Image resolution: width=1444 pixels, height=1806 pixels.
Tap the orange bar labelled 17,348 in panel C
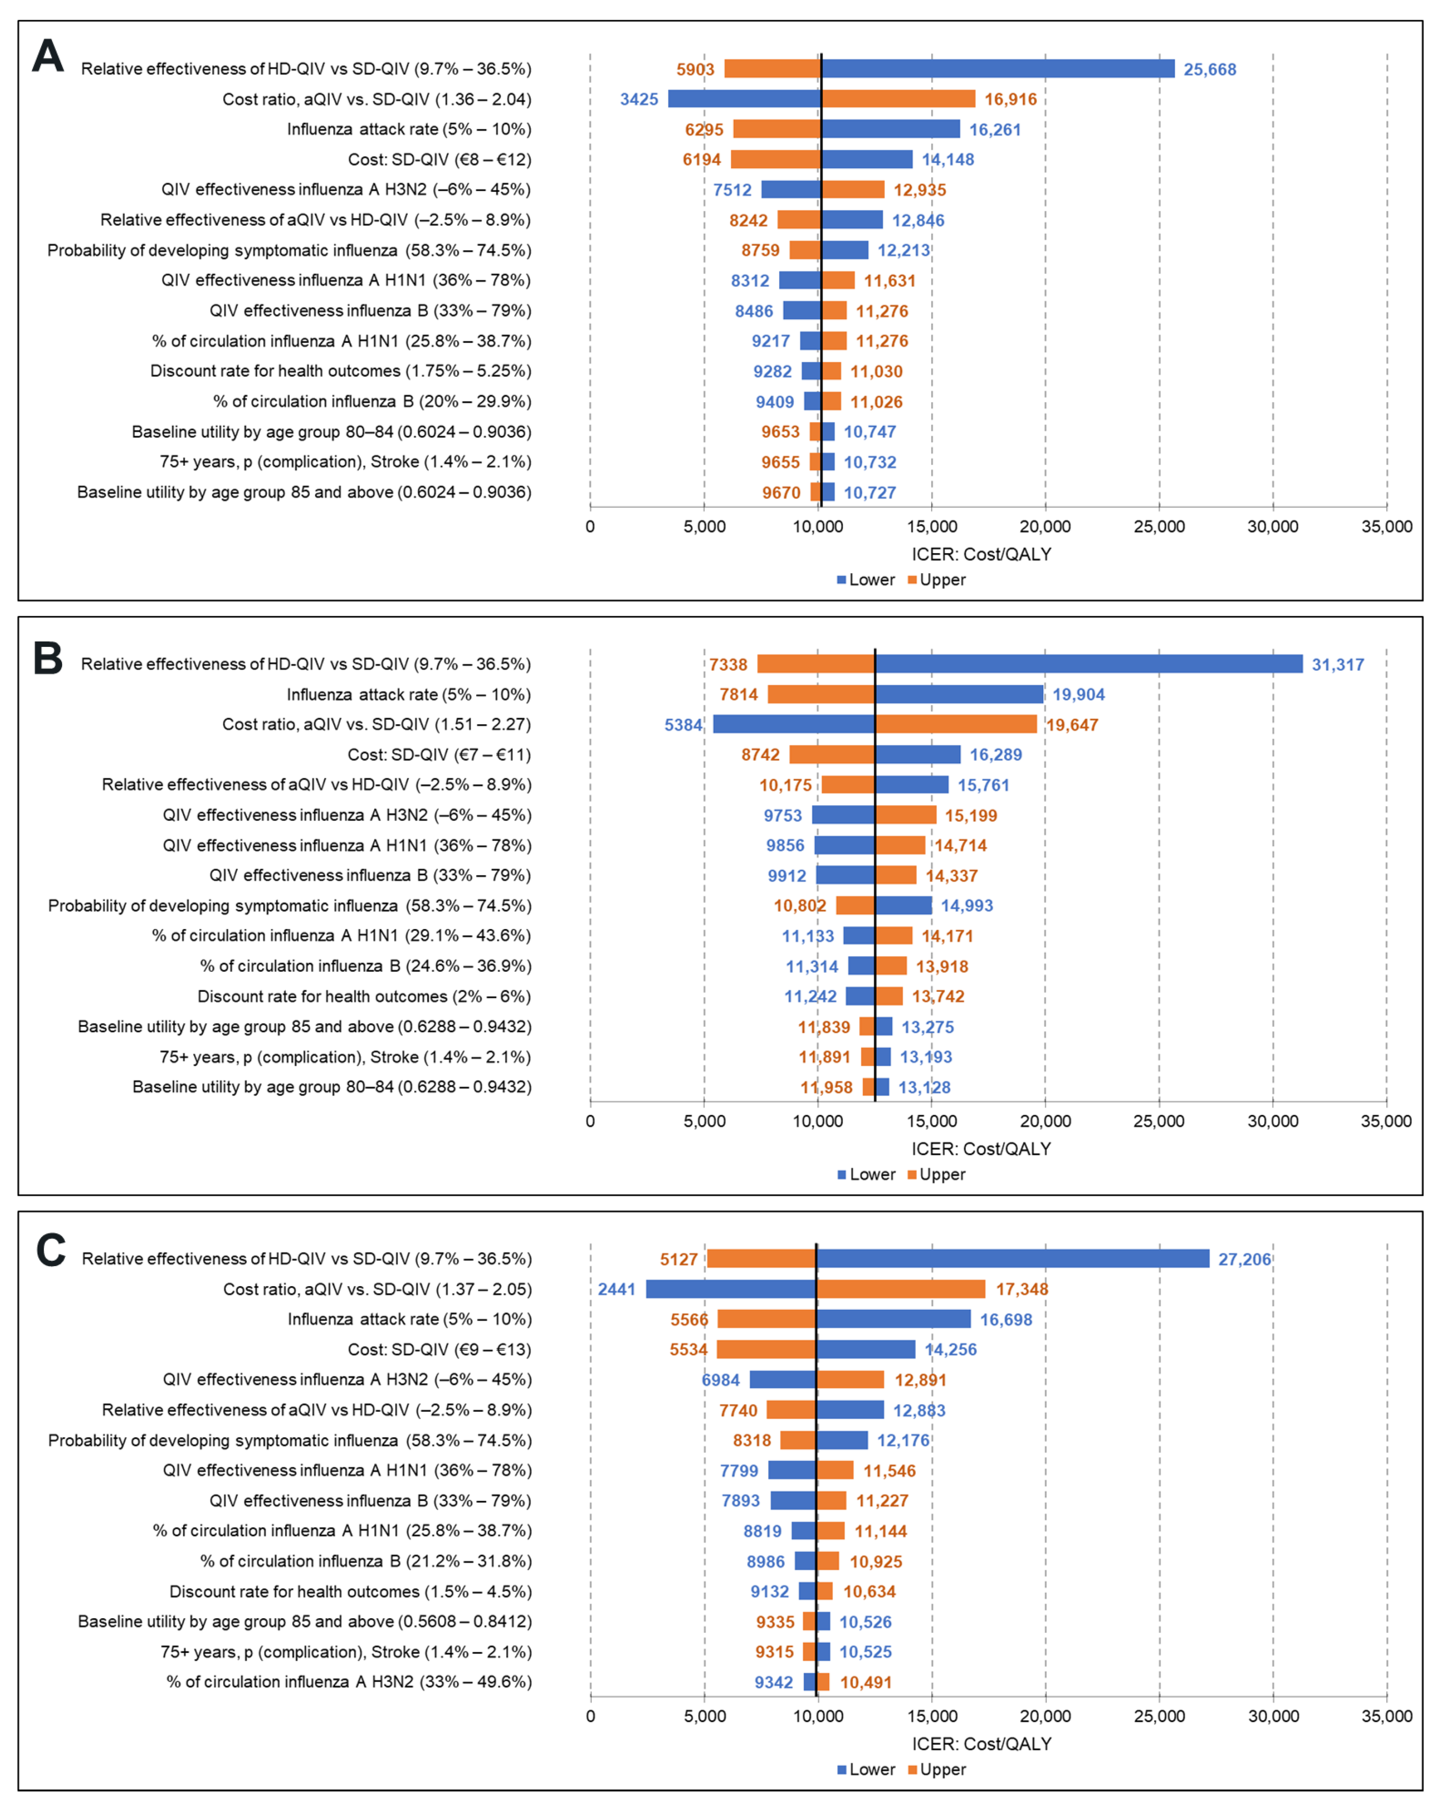[900, 1289]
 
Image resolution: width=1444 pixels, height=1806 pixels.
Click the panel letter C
[50, 1252]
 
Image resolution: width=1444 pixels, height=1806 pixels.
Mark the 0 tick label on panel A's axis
[591, 527]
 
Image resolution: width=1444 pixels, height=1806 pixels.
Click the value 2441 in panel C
[616, 1289]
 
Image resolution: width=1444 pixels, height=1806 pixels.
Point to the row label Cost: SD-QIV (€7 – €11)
[439, 755]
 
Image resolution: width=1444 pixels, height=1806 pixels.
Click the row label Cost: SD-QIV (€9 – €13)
[439, 1349]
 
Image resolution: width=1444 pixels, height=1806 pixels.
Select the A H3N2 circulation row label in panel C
[348, 1681]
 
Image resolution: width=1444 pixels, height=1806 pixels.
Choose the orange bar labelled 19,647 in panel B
[956, 725]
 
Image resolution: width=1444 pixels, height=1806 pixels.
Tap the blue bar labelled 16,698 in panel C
[893, 1319]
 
